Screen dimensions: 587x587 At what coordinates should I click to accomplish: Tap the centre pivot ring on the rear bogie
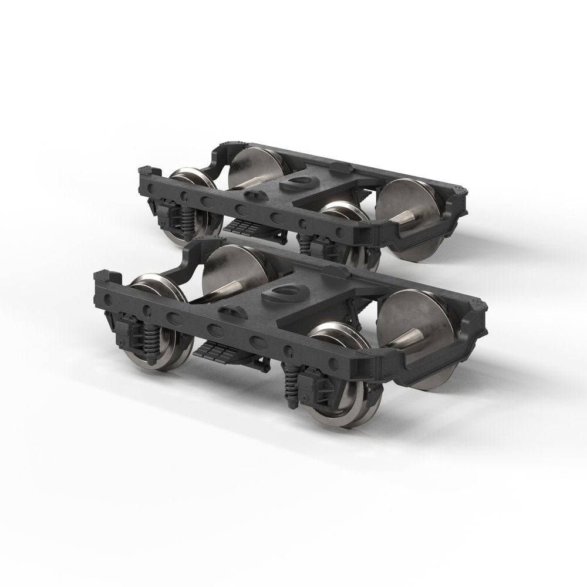click(298, 183)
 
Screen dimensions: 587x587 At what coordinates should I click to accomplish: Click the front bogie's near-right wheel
click(340, 382)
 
